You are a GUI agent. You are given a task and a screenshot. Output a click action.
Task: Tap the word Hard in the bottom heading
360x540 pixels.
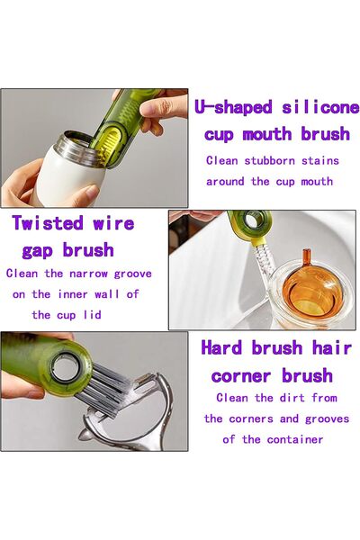click(224, 347)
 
